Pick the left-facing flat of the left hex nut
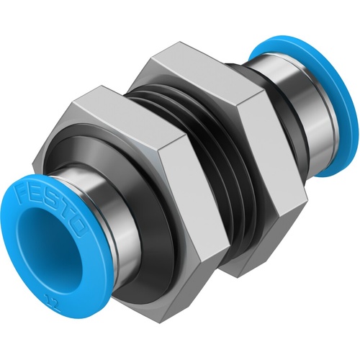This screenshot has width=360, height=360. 79,144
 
